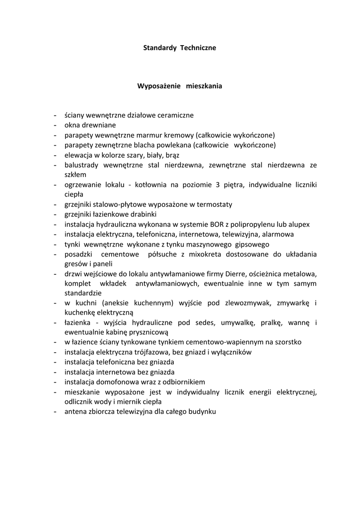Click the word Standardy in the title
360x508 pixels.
pyautogui.click(x=156, y=48)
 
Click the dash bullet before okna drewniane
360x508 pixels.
pyautogui.click(x=56, y=125)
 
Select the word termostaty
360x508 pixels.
pyautogui.click(x=213, y=204)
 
